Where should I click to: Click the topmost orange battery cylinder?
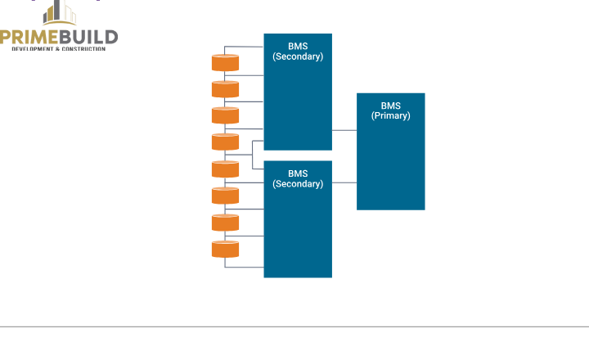point(225,62)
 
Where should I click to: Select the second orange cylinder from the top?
point(225,88)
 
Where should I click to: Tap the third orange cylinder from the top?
point(225,115)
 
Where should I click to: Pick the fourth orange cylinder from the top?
point(225,142)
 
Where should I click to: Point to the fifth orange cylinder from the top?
point(225,169)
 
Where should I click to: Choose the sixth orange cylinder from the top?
point(225,196)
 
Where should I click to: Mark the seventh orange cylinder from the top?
point(225,222)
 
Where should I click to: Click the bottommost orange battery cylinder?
point(225,249)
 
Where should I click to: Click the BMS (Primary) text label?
point(391,110)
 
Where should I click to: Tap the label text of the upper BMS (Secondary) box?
point(298,52)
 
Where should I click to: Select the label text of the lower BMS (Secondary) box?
point(298,178)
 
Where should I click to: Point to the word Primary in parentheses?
point(391,116)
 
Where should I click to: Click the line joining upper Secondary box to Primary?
point(344,129)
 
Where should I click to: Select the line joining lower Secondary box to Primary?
point(344,182)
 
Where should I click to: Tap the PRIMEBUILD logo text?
point(59,37)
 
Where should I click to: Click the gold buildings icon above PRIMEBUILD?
point(60,12)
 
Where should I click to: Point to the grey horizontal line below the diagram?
point(294,326)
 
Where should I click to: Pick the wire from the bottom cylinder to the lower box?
point(244,267)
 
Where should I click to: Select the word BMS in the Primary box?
point(391,106)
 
